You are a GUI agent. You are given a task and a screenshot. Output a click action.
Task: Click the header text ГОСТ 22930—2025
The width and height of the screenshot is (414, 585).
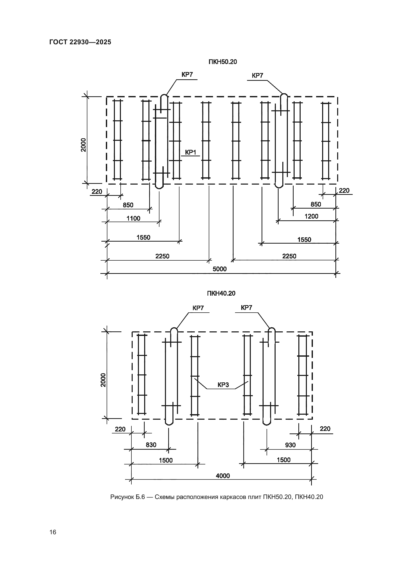[x=80, y=42]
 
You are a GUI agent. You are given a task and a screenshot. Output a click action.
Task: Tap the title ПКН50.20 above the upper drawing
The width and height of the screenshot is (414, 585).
[x=223, y=62]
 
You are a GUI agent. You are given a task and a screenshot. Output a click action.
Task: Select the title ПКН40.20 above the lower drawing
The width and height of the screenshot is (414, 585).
[x=221, y=293]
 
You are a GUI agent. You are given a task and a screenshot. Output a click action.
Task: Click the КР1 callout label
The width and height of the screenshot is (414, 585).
[x=190, y=152]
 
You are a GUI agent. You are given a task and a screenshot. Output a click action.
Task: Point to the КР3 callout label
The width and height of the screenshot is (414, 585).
[x=223, y=385]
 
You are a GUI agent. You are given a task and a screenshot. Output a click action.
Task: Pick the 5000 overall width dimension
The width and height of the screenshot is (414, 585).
[x=220, y=269]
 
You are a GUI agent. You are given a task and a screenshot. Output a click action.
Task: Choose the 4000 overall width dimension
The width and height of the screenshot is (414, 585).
[x=223, y=476]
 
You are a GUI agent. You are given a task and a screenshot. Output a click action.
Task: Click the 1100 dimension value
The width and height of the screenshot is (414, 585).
[x=133, y=218]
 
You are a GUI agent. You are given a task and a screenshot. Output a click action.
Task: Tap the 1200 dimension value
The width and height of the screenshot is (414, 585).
[x=311, y=216]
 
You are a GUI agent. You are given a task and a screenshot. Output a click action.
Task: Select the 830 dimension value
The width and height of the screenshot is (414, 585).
[x=151, y=445]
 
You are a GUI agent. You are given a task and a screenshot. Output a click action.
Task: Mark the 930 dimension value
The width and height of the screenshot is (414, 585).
[x=290, y=445]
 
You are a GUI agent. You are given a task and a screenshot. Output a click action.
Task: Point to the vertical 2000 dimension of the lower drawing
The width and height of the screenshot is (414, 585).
[x=103, y=380]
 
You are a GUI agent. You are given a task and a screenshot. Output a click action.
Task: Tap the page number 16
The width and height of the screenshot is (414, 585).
[x=53, y=532]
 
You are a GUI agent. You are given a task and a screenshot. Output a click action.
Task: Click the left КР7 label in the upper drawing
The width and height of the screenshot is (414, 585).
[x=187, y=75]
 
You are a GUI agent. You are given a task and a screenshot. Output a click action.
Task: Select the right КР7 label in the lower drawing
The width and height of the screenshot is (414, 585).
[x=246, y=308]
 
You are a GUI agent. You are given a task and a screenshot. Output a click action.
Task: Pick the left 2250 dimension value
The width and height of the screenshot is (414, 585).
[x=162, y=256]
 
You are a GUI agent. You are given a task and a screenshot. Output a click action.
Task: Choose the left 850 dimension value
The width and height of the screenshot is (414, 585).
[x=128, y=205]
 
